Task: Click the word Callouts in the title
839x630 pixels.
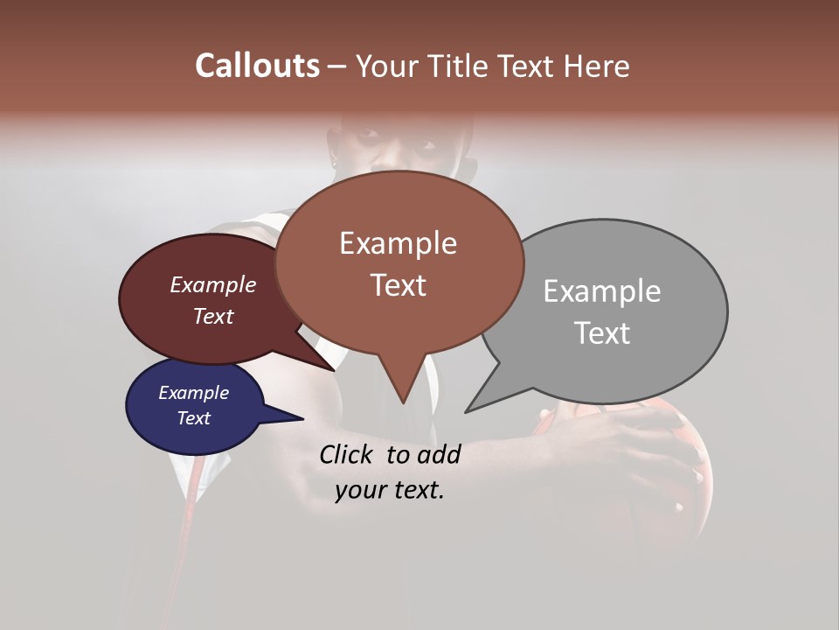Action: (257, 66)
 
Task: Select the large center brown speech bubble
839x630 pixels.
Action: (399, 262)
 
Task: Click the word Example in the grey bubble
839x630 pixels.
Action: (601, 291)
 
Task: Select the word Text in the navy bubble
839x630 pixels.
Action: (193, 418)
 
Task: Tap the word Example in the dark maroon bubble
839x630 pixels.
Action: (212, 284)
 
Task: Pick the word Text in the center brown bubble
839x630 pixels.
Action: (399, 285)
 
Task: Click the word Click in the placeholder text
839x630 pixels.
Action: (348, 454)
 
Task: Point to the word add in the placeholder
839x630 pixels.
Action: (439, 454)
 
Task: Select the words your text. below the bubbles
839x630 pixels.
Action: (390, 490)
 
